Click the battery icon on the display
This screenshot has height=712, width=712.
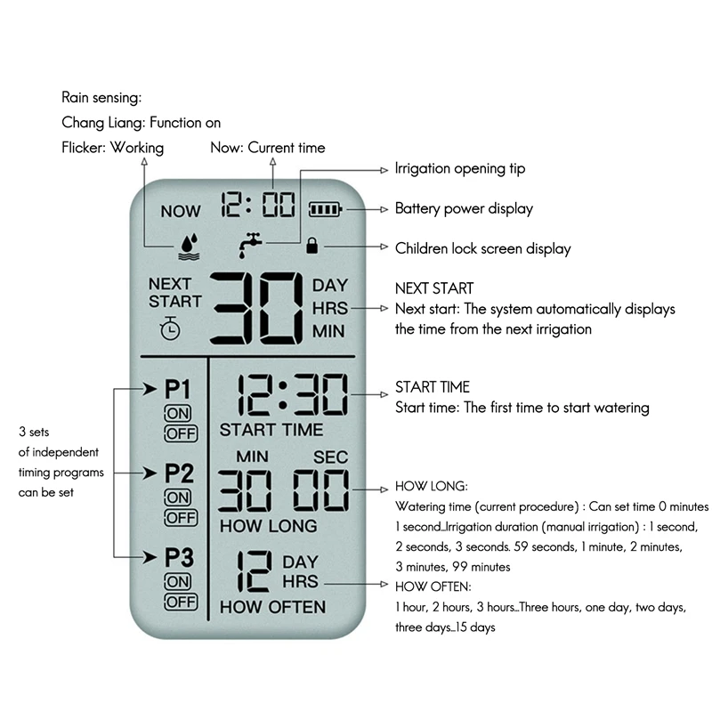(x=324, y=210)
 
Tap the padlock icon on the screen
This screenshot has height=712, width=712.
(x=311, y=247)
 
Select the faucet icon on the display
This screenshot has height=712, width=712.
(x=251, y=245)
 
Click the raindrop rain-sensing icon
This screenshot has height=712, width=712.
(x=188, y=246)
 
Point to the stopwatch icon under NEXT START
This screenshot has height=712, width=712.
(x=170, y=328)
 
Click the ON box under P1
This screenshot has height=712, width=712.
(x=178, y=414)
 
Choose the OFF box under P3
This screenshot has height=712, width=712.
(x=180, y=603)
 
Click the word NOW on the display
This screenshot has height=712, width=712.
(x=181, y=212)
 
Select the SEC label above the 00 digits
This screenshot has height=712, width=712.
(x=330, y=457)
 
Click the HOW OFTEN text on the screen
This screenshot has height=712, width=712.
(x=272, y=608)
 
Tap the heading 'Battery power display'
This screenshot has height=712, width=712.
(x=464, y=209)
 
